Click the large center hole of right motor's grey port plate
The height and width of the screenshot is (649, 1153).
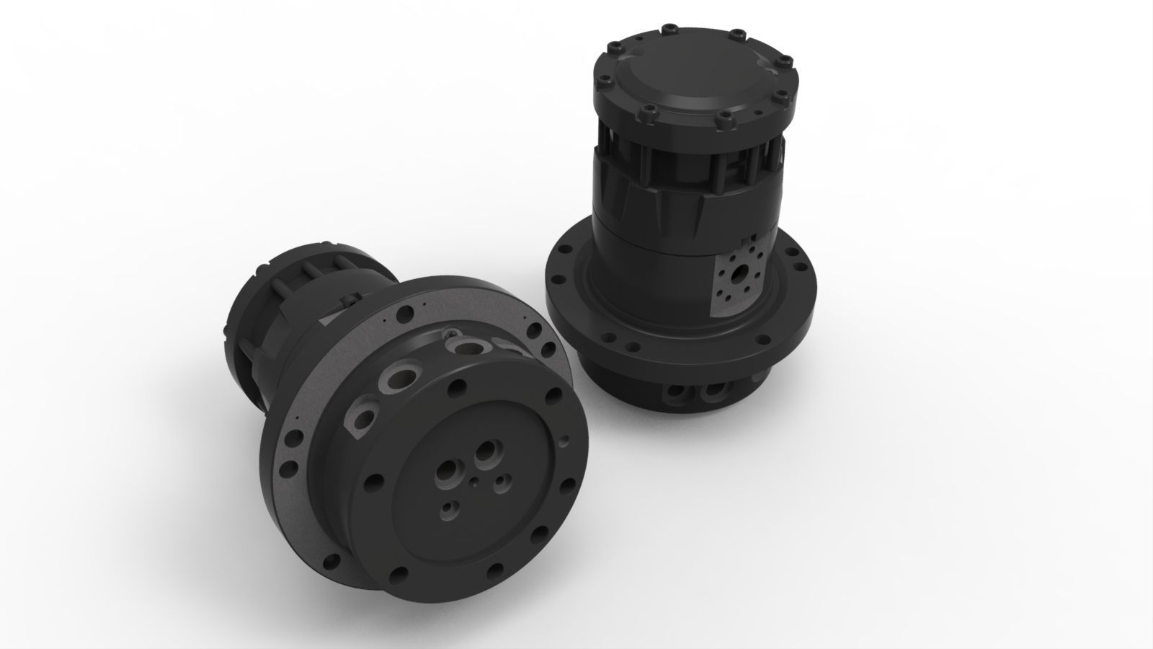[x=740, y=275]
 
